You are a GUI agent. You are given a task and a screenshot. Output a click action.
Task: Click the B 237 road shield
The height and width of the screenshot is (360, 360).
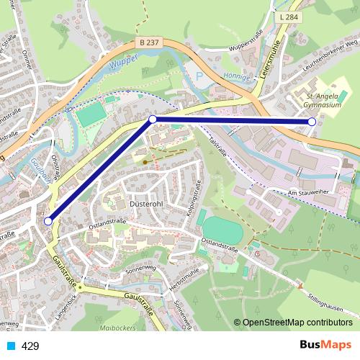click(149, 43)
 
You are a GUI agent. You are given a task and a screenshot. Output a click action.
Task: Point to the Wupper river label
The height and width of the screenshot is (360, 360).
click(125, 64)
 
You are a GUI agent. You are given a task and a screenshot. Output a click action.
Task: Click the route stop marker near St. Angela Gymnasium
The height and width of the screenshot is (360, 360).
click(312, 122)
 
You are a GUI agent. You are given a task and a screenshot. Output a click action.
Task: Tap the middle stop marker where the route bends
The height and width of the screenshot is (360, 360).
click(153, 119)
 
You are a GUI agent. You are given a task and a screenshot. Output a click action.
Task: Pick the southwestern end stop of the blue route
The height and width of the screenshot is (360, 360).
click(48, 222)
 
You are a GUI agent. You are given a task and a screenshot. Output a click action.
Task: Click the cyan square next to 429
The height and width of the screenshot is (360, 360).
click(10, 346)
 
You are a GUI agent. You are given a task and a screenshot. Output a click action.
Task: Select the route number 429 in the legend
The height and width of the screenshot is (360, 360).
click(30, 346)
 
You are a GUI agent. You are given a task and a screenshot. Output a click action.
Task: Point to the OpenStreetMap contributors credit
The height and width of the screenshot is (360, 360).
click(297, 323)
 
